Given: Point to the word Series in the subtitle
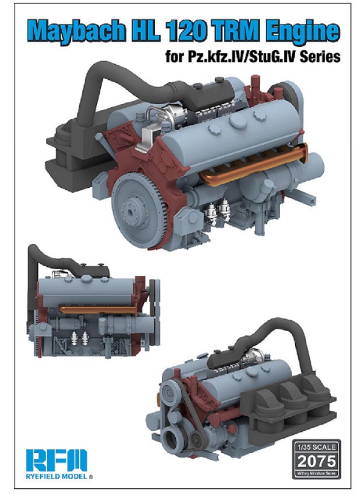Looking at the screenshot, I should click(x=318, y=58).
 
